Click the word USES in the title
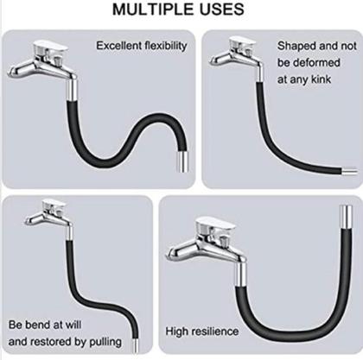click(x=220, y=9)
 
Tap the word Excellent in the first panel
click(x=119, y=46)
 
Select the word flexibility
click(x=166, y=46)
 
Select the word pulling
click(x=105, y=342)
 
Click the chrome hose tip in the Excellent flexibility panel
click(x=182, y=161)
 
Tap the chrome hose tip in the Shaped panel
click(x=349, y=172)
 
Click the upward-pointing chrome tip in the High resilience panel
click(x=347, y=217)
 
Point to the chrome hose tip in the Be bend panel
click(x=135, y=345)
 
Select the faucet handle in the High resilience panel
click(x=215, y=224)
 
